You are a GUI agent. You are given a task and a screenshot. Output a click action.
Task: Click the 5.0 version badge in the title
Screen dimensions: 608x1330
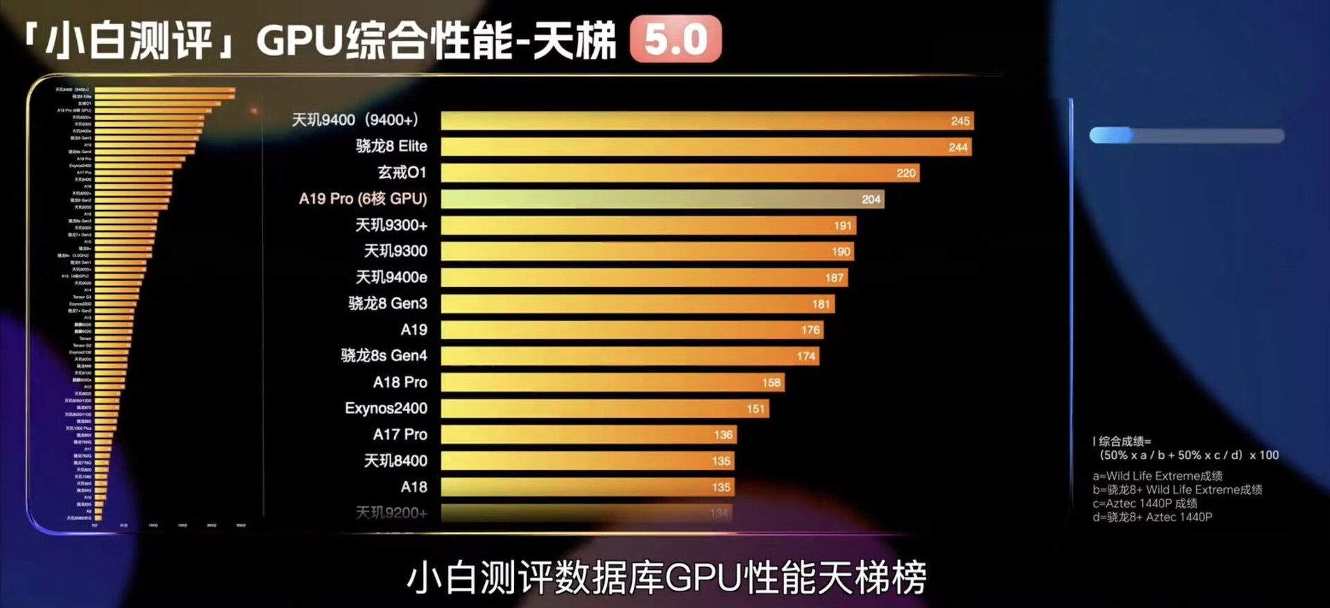click(x=675, y=40)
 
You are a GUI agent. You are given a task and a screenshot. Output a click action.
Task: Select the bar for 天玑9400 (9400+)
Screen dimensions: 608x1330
click(x=707, y=121)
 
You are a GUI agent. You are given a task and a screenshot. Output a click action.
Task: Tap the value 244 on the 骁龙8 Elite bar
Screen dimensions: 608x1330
click(x=958, y=147)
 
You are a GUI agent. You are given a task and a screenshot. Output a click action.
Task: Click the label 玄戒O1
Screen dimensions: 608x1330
click(x=402, y=173)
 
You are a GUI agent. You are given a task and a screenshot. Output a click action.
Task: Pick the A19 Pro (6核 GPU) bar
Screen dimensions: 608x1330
click(x=662, y=199)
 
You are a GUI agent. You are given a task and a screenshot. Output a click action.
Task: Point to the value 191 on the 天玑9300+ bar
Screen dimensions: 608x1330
click(x=842, y=225)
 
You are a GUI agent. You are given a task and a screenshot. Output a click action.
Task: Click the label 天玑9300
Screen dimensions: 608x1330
click(x=396, y=251)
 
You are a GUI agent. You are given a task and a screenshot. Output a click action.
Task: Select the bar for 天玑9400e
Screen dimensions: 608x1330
click(x=644, y=277)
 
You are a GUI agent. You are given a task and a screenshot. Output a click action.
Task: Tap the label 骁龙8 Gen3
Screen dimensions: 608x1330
click(x=387, y=304)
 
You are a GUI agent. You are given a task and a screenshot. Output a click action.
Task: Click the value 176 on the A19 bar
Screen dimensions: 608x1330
click(x=810, y=330)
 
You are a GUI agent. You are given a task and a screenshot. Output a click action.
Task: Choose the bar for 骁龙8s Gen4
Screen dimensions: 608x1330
click(x=630, y=356)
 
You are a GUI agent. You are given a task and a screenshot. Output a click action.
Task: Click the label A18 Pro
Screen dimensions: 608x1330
click(x=400, y=382)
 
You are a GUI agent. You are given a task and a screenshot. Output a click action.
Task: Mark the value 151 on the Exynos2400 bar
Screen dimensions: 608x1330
click(x=756, y=409)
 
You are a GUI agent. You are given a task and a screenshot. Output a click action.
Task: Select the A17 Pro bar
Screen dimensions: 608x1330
click(x=588, y=435)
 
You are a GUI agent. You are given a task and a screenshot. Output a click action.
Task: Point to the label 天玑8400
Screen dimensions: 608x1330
click(x=396, y=461)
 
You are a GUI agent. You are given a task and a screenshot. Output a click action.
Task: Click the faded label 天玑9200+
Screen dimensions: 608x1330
click(x=391, y=513)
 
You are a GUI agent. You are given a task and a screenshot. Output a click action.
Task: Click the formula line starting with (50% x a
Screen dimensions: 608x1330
click(x=1189, y=455)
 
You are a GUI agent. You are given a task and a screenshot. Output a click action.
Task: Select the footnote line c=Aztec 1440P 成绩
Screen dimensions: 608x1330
click(x=1144, y=503)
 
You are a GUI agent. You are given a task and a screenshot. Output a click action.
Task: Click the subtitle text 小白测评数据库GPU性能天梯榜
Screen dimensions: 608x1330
click(x=666, y=577)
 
